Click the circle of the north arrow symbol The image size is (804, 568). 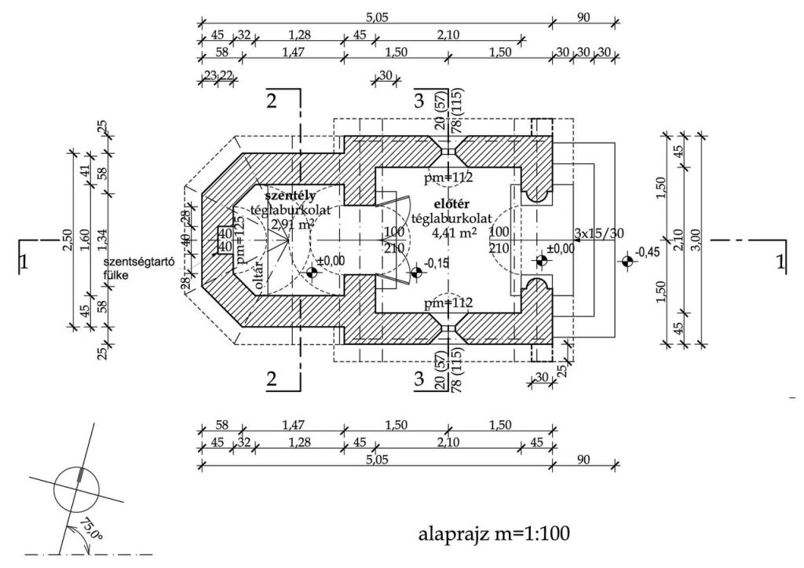click(77, 488)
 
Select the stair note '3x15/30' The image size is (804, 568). click(599, 233)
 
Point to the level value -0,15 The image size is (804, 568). click(437, 263)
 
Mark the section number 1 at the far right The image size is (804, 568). click(780, 262)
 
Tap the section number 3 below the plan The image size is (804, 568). click(419, 379)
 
